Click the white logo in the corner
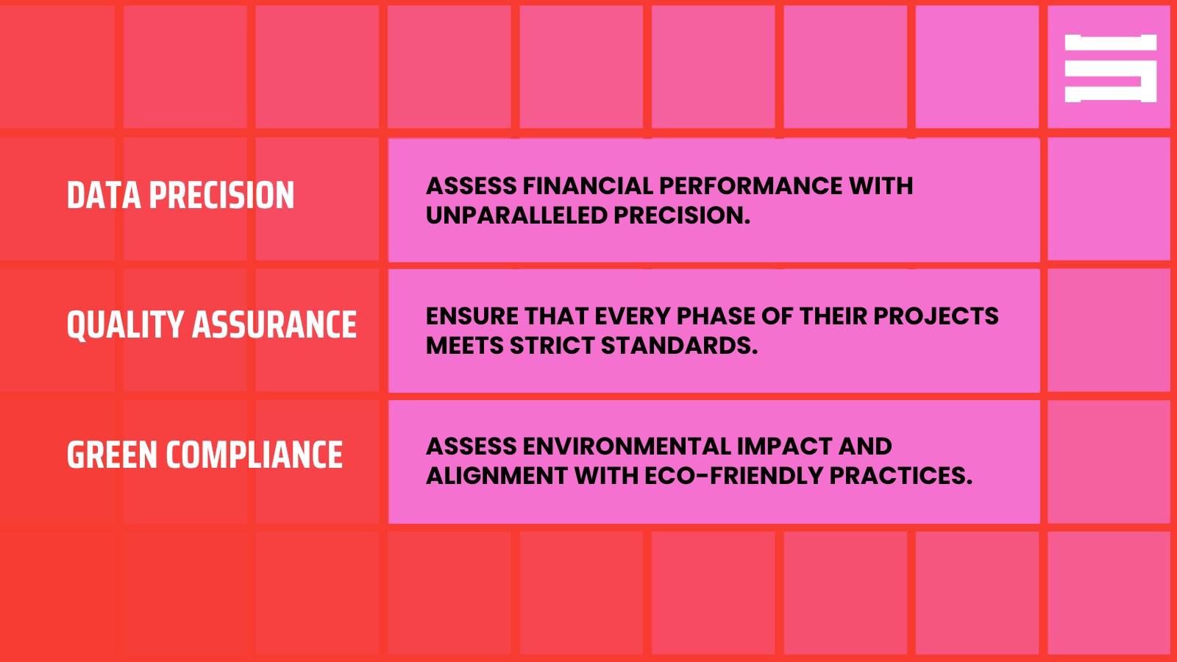pos(1110,68)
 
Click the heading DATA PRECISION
pos(180,196)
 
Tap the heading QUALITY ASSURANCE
pos(211,325)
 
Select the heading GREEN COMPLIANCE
pos(205,455)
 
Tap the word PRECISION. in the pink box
pos(681,216)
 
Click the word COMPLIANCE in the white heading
pos(254,455)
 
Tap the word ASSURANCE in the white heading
pos(274,325)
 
